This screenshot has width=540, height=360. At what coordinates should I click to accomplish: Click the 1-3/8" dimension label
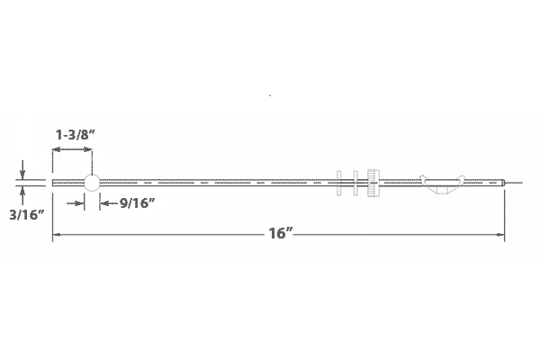click(x=75, y=135)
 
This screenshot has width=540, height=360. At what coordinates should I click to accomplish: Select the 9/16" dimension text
click(x=137, y=203)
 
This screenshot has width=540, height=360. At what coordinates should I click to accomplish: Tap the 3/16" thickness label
click(x=27, y=215)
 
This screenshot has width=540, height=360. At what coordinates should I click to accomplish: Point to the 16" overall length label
click(x=280, y=233)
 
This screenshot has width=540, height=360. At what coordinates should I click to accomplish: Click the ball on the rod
click(x=92, y=183)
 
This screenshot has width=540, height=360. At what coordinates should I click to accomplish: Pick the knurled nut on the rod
click(x=373, y=183)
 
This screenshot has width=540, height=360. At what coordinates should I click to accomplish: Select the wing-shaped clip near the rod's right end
click(x=442, y=184)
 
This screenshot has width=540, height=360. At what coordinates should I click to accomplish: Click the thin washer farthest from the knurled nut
click(x=339, y=183)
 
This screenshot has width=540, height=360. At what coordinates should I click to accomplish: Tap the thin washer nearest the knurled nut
click(x=355, y=183)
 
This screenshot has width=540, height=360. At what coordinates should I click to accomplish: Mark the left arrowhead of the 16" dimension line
click(x=56, y=235)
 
